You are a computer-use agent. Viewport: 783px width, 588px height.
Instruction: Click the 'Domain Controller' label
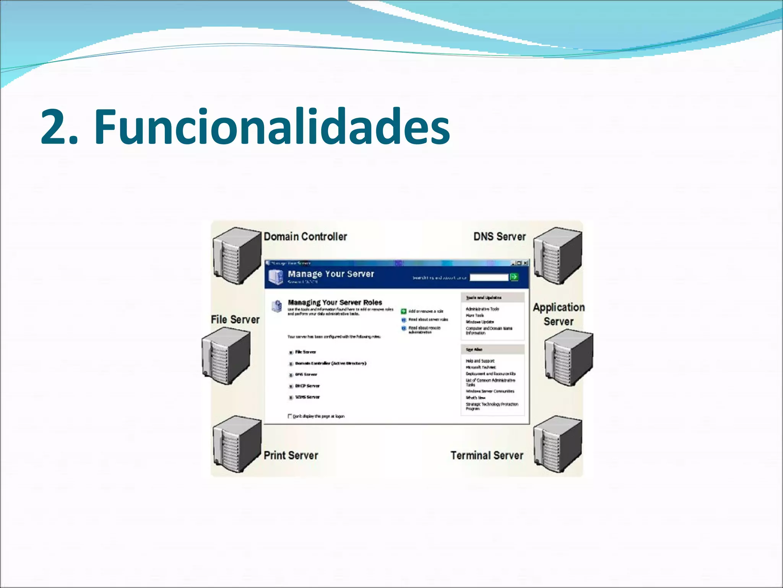click(305, 237)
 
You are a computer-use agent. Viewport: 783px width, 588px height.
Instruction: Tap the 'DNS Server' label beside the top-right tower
click(499, 237)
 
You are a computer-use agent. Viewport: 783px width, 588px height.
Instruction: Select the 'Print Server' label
click(291, 456)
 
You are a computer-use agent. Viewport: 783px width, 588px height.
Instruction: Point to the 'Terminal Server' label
click(486, 456)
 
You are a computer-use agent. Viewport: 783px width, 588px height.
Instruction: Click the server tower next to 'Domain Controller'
click(237, 255)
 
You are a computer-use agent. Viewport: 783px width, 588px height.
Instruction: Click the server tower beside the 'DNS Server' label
click(557, 255)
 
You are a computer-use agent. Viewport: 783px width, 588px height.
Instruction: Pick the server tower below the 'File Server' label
click(226, 357)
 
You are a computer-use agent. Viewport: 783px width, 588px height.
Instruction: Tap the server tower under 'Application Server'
click(569, 358)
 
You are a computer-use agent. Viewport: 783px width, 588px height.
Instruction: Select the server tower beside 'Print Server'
click(237, 444)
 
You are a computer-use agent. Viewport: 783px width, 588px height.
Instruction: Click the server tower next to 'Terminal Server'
click(557, 444)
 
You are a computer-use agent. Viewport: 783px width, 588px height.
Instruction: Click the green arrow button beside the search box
click(514, 277)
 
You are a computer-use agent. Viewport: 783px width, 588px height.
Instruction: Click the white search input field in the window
click(489, 277)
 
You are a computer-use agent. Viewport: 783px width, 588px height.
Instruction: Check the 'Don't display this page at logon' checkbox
click(290, 416)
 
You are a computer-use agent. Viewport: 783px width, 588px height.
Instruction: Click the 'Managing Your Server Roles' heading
click(335, 302)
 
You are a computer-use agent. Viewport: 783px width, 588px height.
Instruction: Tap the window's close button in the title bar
click(526, 263)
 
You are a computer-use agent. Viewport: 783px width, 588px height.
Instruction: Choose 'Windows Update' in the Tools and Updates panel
click(479, 322)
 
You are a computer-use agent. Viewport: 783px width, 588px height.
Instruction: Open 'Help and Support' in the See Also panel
click(480, 361)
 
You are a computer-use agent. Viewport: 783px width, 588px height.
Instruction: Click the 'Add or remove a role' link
click(426, 311)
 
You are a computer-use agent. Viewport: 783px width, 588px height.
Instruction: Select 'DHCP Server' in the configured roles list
click(307, 386)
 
